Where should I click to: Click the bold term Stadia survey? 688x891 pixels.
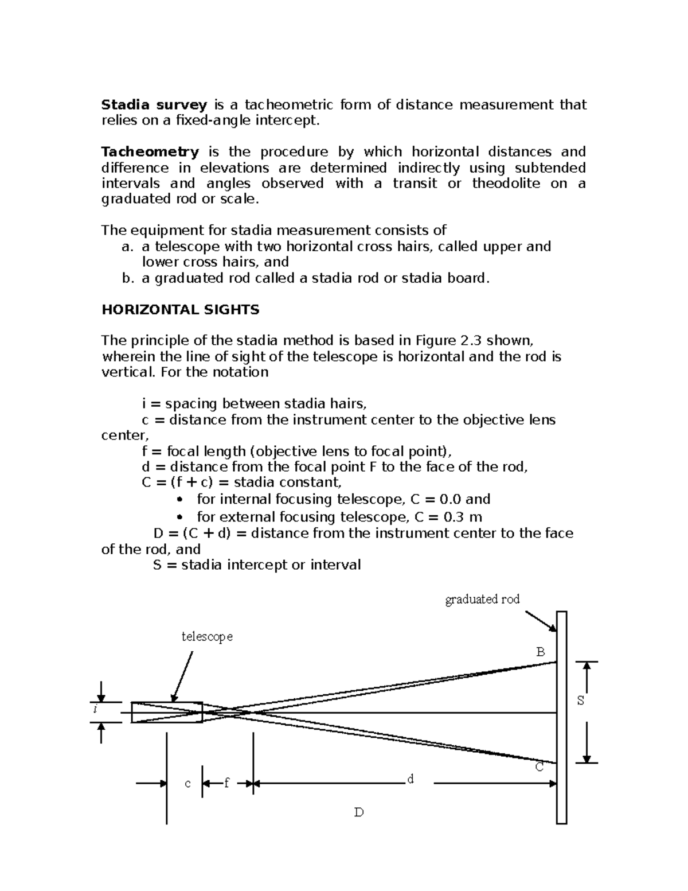pyautogui.click(x=154, y=105)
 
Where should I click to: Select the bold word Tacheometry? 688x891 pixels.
pyautogui.click(x=150, y=152)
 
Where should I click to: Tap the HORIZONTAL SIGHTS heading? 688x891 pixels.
pyautogui.click(x=180, y=310)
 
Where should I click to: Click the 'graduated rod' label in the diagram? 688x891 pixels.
pyautogui.click(x=482, y=600)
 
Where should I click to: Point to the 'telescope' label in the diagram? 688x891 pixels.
pyautogui.click(x=207, y=637)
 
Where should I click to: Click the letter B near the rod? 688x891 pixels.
pyautogui.click(x=540, y=652)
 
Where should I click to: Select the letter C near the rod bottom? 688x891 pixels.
pyautogui.click(x=540, y=767)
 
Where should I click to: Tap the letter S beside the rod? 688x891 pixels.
pyautogui.click(x=581, y=701)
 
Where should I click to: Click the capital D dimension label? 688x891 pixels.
pyautogui.click(x=359, y=812)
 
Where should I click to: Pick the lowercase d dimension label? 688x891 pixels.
pyautogui.click(x=410, y=779)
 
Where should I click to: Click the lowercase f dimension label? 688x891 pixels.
pyautogui.click(x=226, y=783)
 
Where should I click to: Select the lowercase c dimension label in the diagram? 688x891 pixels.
pyautogui.click(x=187, y=784)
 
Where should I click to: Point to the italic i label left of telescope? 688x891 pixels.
pyautogui.click(x=95, y=710)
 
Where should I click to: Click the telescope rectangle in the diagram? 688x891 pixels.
pyautogui.click(x=167, y=712)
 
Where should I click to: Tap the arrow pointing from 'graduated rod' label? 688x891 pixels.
pyautogui.click(x=541, y=621)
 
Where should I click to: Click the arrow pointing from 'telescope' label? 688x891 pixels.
pyautogui.click(x=182, y=677)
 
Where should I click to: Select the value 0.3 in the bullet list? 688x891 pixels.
pyautogui.click(x=454, y=517)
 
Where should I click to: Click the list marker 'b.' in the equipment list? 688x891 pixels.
pyautogui.click(x=127, y=279)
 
